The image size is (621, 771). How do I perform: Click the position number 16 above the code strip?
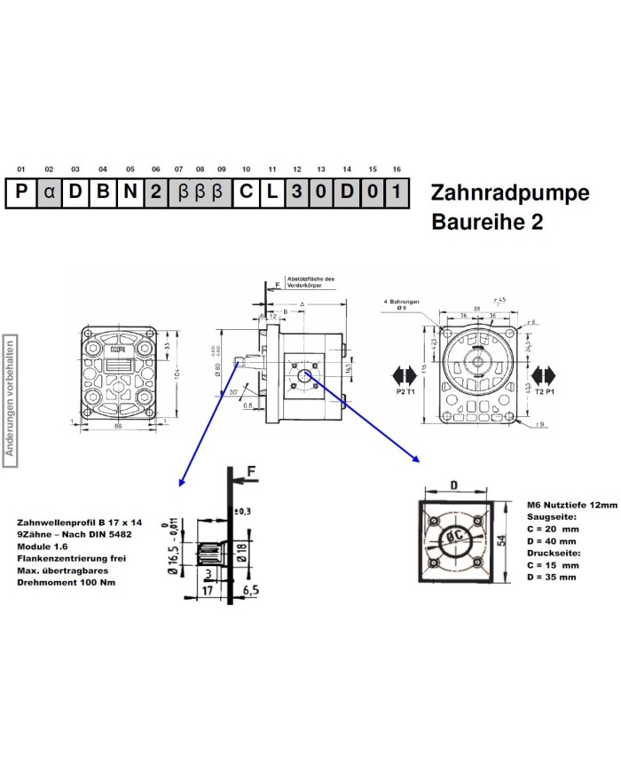click(x=397, y=169)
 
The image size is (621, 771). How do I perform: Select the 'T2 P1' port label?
click(x=544, y=391)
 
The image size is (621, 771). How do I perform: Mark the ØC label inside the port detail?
click(x=453, y=537)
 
